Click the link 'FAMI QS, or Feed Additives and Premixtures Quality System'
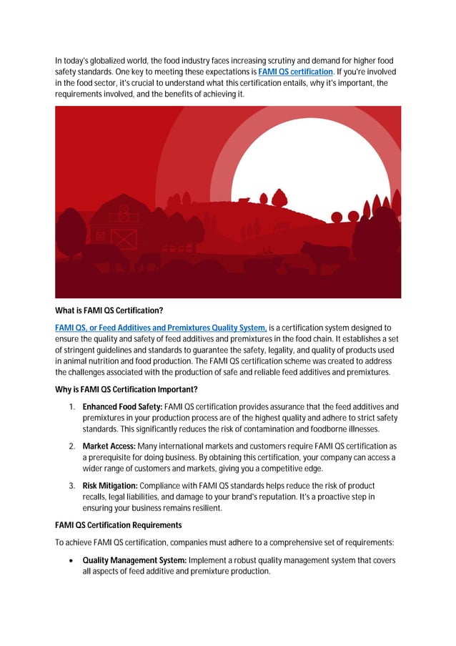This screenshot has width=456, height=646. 162,328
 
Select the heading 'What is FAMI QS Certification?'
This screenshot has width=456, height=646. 109,310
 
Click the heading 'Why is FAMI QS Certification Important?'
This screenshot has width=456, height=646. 127,389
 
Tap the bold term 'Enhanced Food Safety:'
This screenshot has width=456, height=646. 122,406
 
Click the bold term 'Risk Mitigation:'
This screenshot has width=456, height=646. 112,485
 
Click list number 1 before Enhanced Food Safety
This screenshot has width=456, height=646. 73,406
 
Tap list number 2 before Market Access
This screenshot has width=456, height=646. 73,446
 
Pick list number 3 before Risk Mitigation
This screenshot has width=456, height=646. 73,485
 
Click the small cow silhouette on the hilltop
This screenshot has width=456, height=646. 244,200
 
